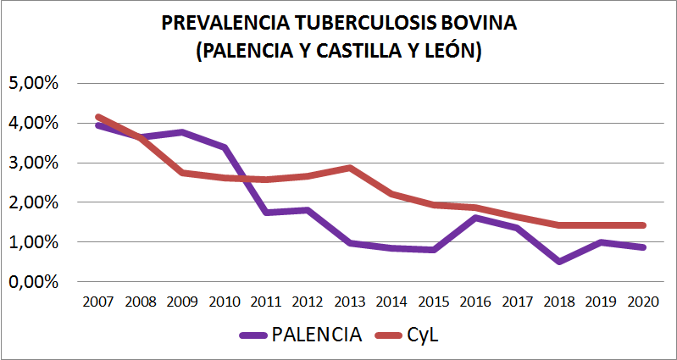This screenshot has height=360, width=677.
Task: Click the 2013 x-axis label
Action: [350, 302]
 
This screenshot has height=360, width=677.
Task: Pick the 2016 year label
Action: [476, 302]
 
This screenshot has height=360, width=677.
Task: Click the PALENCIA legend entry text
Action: [317, 334]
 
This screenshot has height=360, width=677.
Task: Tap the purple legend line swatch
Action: [253, 334]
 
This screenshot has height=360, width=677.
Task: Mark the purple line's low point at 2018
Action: [560, 261]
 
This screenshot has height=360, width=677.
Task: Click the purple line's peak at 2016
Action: [476, 218]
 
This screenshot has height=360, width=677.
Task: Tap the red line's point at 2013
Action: [350, 168]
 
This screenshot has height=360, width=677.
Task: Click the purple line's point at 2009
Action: [182, 132]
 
